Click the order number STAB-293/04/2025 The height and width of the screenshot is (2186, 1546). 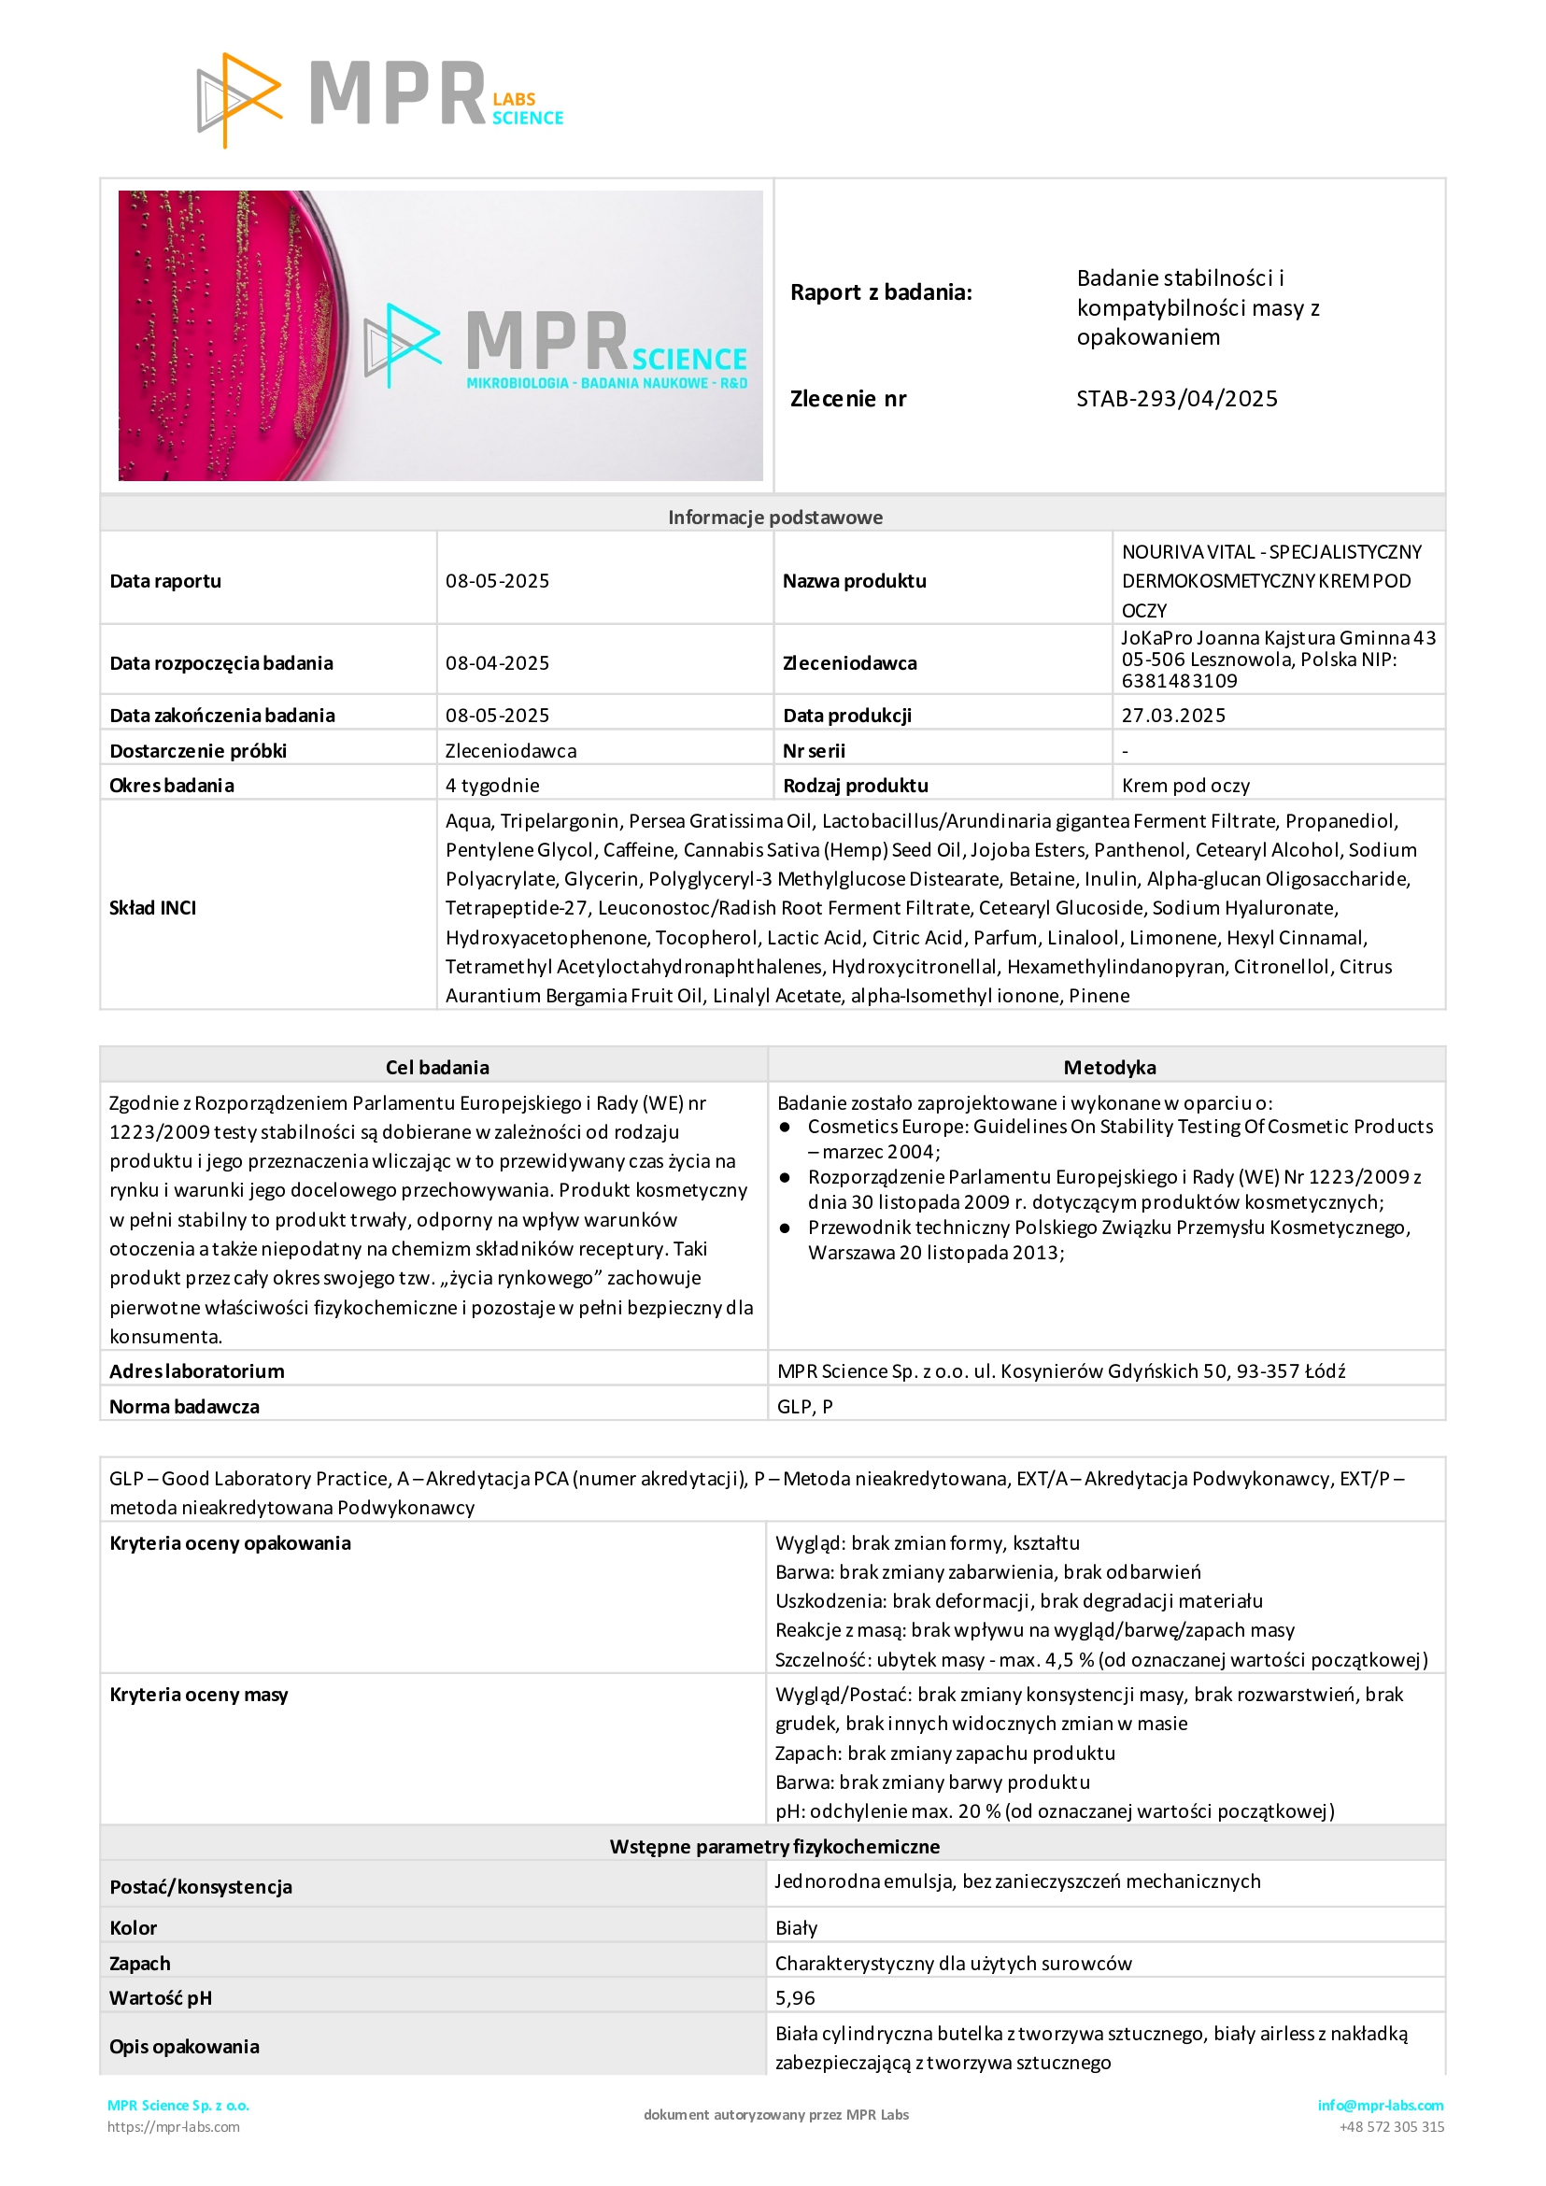1177,399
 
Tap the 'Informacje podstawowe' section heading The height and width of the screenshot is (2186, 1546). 775,517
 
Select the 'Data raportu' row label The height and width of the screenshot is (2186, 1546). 165,581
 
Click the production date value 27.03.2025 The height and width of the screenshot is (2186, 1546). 1173,715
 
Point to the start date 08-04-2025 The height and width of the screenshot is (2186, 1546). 497,662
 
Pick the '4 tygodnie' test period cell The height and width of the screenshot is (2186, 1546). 492,786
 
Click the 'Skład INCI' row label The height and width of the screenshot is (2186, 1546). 153,907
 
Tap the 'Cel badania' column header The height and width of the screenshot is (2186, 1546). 437,1067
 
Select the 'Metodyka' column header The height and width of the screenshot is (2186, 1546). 1109,1067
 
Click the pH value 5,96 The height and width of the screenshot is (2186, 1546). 795,1997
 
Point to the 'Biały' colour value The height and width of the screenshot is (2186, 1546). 796,1928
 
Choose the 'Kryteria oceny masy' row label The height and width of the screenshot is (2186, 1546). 198,1695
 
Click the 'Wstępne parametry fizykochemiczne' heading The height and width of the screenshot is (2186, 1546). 774,1846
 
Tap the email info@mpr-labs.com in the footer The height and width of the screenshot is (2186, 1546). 1380,2105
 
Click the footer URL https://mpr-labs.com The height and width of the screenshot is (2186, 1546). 173,2127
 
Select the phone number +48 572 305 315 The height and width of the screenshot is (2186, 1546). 1391,2127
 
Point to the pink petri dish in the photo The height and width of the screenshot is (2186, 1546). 229,335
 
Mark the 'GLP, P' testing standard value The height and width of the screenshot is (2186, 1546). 804,1406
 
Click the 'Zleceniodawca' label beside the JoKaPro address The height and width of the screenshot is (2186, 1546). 849,662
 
